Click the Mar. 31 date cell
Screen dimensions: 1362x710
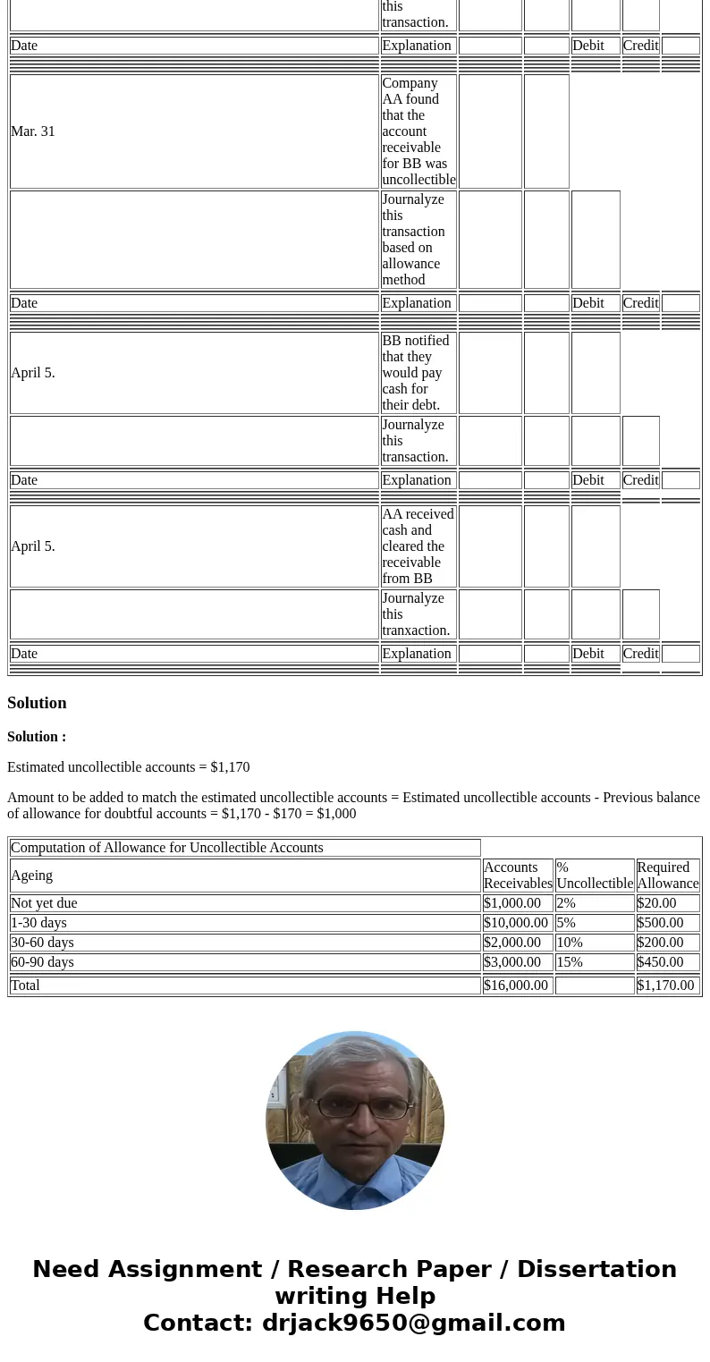[33, 131]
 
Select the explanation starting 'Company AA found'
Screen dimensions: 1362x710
[418, 131]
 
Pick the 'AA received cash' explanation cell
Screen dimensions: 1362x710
[418, 546]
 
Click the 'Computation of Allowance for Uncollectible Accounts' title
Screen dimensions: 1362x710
[167, 848]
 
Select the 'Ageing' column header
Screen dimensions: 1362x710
[31, 876]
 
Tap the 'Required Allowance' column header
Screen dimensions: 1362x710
[667, 876]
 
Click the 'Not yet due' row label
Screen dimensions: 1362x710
[44, 903]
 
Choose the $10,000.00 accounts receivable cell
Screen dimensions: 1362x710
[516, 923]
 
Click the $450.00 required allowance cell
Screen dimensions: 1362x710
[660, 962]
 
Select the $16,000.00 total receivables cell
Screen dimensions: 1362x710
[516, 986]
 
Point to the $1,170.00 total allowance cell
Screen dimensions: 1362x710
[665, 986]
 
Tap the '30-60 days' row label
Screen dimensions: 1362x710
[42, 943]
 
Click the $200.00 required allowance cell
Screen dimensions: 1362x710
[660, 943]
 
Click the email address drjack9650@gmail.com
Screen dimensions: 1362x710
[413, 1323]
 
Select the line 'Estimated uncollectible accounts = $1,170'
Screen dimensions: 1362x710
[129, 767]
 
